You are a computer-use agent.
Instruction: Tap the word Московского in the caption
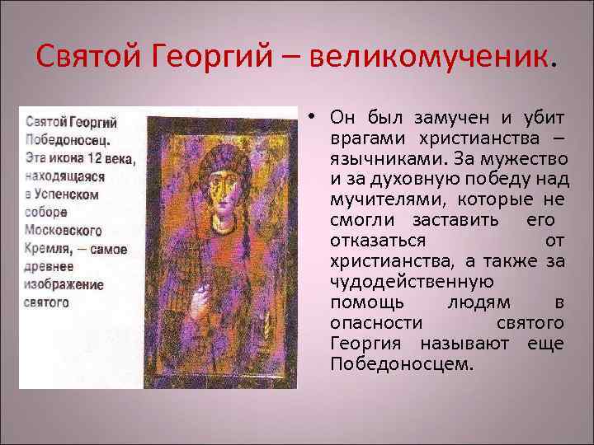click(x=63, y=231)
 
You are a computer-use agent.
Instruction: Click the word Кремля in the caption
click(x=45, y=249)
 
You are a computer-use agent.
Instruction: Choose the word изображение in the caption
click(x=63, y=285)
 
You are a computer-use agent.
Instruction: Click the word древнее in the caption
click(x=48, y=267)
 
